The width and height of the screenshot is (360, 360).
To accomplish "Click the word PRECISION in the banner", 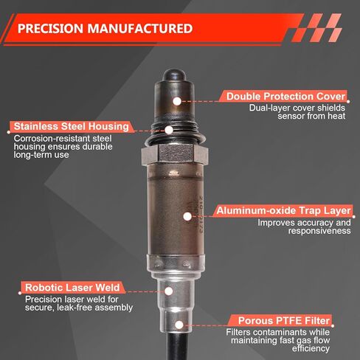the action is [50, 29].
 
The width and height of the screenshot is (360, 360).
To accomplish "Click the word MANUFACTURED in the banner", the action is [140, 29].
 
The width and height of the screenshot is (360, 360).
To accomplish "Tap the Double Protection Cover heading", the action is [285, 97].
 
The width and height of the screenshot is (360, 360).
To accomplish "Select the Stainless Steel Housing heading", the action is [72, 126].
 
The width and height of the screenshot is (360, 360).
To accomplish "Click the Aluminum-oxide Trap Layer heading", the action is [283, 211].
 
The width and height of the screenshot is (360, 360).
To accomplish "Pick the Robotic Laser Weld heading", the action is [72, 288].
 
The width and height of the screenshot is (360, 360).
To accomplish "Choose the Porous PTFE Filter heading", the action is [284, 321].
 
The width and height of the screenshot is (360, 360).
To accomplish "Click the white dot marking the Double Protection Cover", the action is [177, 101].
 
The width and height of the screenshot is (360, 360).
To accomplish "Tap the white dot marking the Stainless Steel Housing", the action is [169, 130].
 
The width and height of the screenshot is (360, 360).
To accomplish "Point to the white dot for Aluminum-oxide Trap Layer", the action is [187, 216].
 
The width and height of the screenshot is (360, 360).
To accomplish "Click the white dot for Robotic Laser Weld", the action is [169, 291].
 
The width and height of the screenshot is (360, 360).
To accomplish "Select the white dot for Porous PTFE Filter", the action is [179, 325].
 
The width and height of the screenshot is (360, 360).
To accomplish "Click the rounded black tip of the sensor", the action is [174, 75].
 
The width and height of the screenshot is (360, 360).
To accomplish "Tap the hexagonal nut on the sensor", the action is [175, 153].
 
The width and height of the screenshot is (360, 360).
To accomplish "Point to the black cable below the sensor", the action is [178, 346].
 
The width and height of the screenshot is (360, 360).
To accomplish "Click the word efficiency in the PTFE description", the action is [311, 348].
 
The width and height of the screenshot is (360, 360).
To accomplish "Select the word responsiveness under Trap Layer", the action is [319, 231].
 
